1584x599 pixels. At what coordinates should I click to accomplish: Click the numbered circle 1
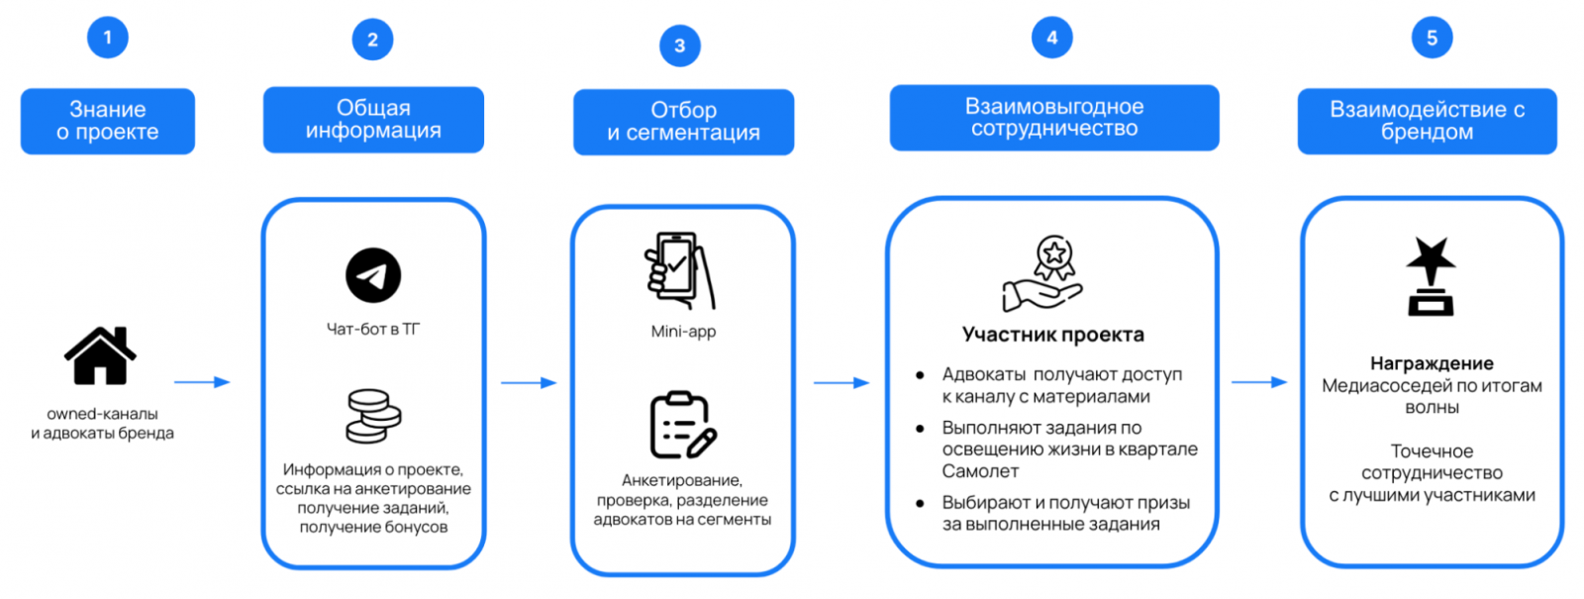pos(108,39)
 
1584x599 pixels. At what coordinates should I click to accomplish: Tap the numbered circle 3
pos(680,46)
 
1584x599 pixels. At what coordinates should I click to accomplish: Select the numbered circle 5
pos(1432,39)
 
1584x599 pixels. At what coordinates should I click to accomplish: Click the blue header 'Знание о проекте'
pos(108,121)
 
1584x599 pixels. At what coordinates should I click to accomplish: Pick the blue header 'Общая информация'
pos(373,120)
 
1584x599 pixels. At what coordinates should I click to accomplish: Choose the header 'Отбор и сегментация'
pos(683,122)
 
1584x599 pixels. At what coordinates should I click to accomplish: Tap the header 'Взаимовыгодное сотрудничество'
pos(1053,118)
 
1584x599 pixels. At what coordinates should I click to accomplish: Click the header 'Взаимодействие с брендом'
pos(1427,121)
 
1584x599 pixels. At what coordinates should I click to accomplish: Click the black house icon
pos(100,355)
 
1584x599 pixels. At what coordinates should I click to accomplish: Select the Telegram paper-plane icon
pos(373,275)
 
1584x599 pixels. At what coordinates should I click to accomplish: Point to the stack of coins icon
pos(373,415)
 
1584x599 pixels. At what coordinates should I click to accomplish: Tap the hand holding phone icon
pos(679,270)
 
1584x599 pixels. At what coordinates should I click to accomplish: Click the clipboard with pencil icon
pos(682,425)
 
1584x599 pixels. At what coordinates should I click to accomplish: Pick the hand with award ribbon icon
pos(1044,273)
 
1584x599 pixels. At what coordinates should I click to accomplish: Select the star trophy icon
pos(1431,276)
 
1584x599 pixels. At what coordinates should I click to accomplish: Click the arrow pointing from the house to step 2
pos(202,382)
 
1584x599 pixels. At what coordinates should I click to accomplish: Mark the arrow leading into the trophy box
pos(1259,382)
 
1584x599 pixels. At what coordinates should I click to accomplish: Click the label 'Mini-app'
pos(683,332)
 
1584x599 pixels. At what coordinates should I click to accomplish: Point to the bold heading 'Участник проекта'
pos(1052,335)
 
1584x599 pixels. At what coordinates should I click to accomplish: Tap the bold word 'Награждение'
pos(1432,363)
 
